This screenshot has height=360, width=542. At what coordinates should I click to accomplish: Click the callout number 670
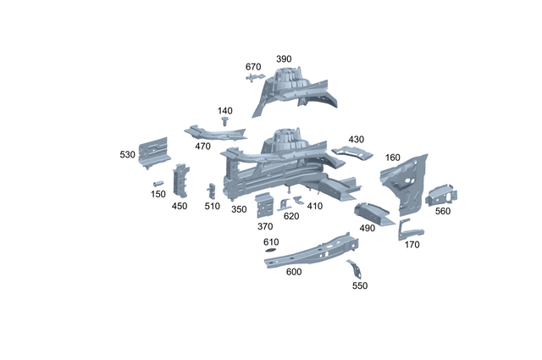click(253, 67)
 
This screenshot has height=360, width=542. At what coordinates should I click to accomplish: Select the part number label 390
click(284, 59)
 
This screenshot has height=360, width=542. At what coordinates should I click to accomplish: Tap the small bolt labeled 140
click(225, 123)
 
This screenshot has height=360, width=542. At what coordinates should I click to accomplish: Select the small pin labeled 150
click(158, 182)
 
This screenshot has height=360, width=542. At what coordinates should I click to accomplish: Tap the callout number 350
click(239, 209)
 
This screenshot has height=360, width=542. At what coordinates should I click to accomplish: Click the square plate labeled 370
click(265, 206)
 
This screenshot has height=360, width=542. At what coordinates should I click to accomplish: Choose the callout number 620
click(291, 216)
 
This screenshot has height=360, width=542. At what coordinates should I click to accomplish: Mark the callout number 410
click(315, 206)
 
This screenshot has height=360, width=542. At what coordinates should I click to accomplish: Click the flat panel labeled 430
click(351, 152)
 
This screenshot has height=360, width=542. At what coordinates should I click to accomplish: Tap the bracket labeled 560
click(442, 194)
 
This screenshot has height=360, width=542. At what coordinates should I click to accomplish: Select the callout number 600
click(294, 272)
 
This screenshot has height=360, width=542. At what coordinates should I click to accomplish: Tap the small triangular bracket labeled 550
click(356, 269)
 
